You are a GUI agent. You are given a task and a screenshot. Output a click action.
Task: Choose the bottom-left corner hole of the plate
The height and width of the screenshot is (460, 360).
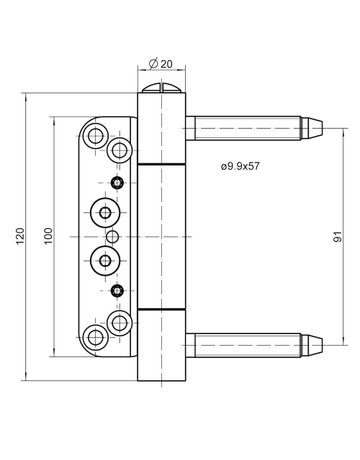click(x=97, y=332)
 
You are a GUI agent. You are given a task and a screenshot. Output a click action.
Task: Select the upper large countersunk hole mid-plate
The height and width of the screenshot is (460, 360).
click(x=104, y=212)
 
